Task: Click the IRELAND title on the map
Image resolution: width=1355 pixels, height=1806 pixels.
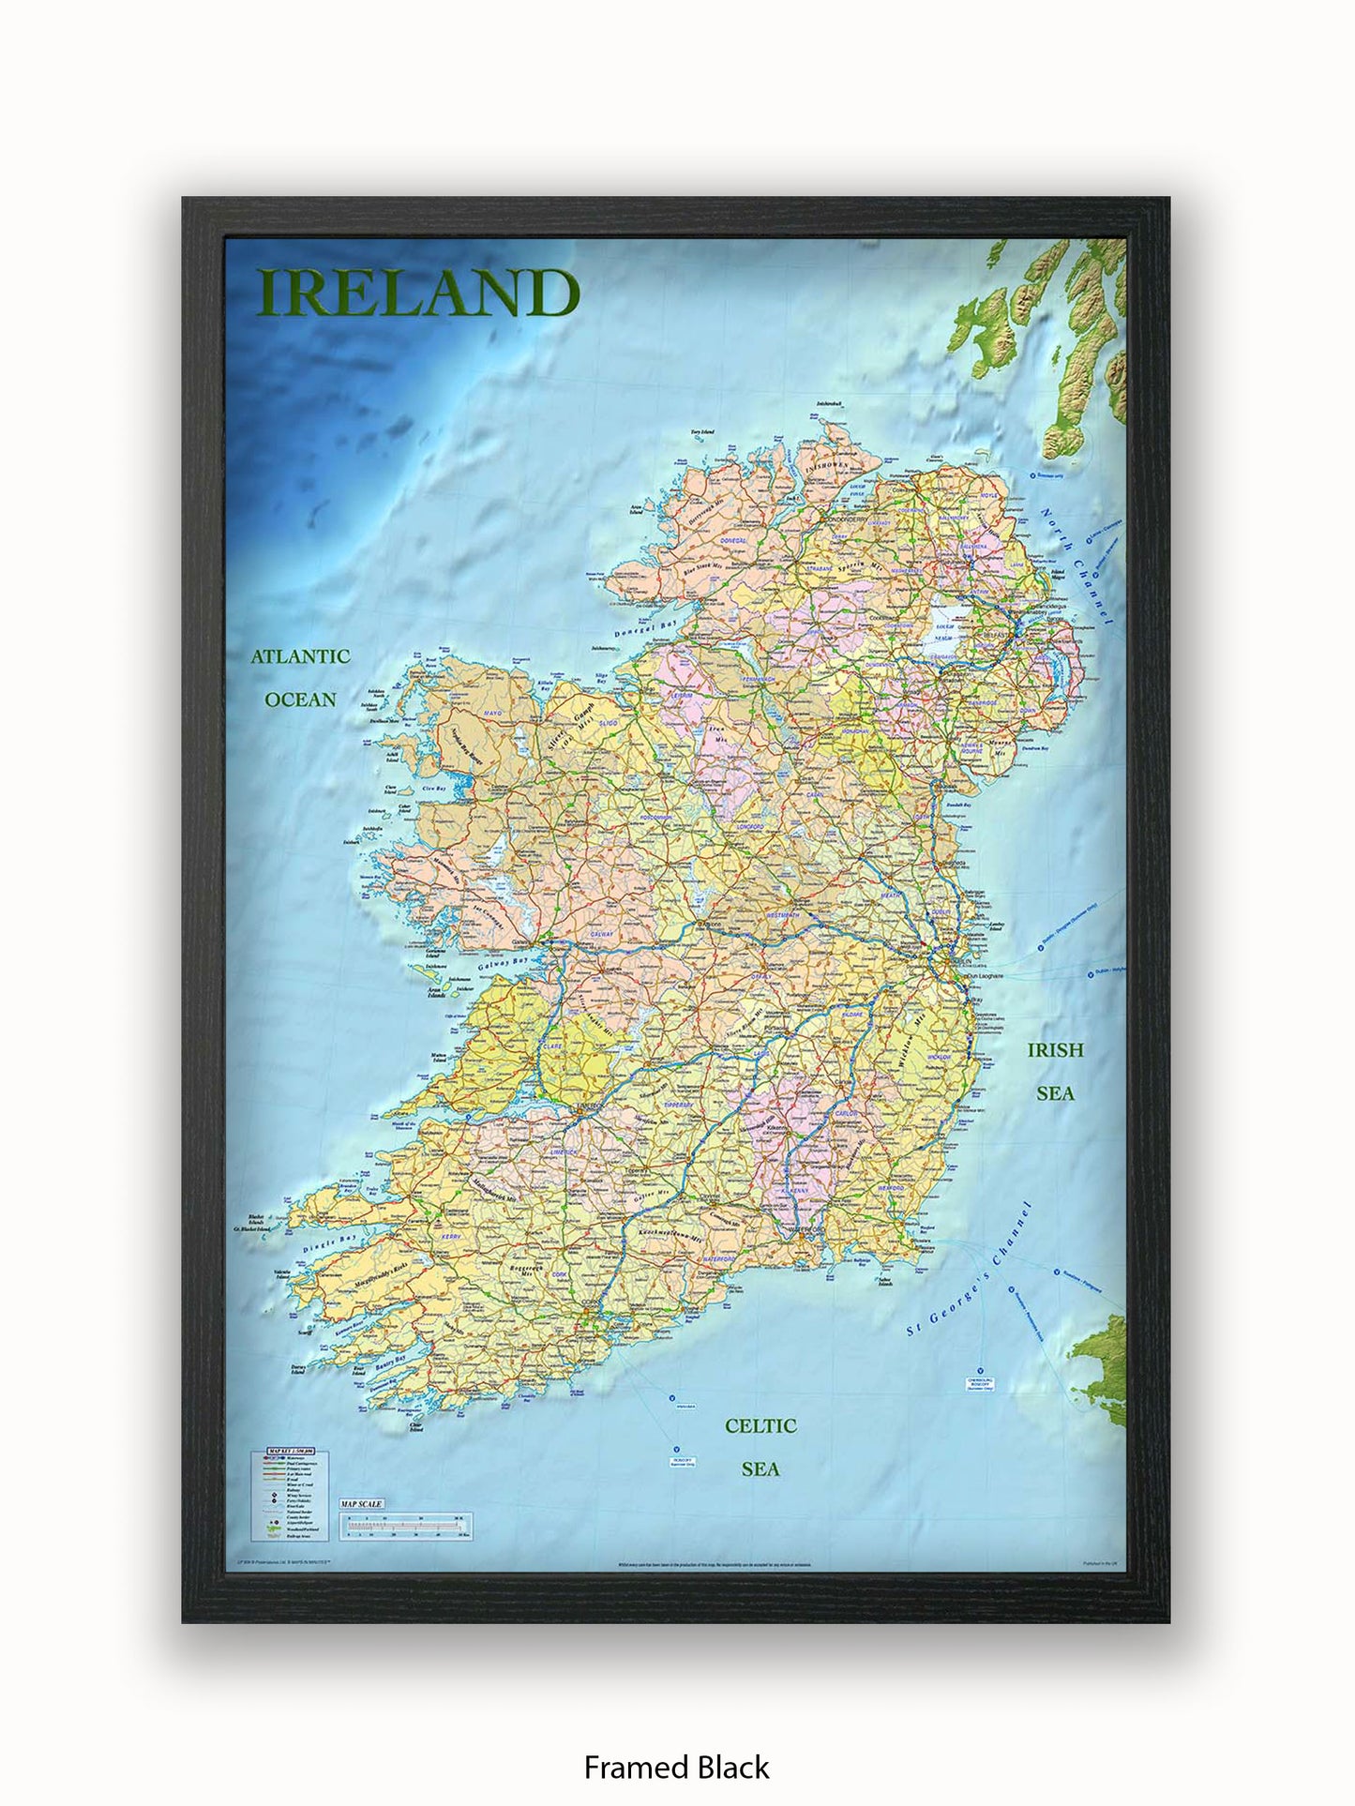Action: point(418,293)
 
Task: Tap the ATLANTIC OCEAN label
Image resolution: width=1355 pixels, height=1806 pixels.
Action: point(300,677)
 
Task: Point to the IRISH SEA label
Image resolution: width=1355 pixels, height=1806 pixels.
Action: point(1055,1071)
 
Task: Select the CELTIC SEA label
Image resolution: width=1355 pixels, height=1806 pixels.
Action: point(760,1447)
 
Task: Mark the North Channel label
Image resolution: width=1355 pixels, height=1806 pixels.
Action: point(1077,567)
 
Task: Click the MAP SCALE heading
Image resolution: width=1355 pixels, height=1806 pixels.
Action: point(361,1504)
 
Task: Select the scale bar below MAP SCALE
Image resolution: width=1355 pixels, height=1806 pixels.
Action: point(405,1527)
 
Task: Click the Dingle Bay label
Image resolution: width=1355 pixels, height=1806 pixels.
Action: point(330,1245)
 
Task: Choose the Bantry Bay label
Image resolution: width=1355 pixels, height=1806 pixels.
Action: point(390,1363)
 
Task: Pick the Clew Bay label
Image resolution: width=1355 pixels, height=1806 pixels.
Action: point(432,789)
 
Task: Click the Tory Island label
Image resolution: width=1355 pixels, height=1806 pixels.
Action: point(702,432)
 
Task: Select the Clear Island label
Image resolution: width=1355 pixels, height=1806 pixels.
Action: point(416,1427)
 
